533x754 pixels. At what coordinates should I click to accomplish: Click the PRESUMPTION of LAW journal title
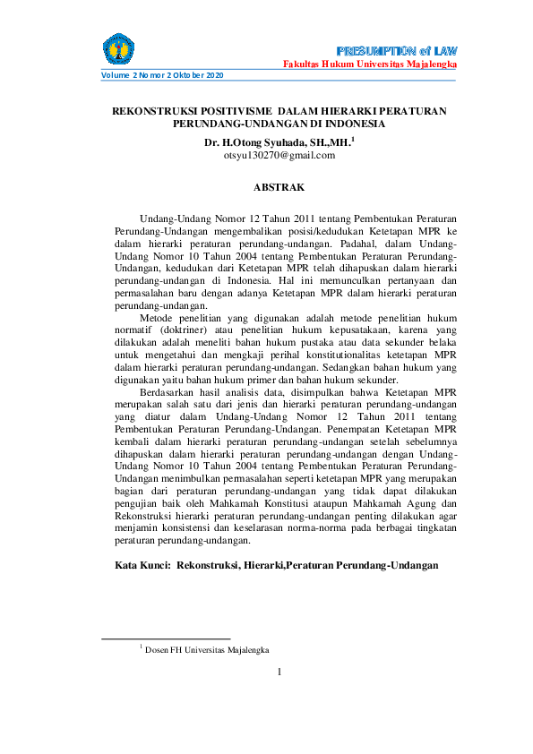[399, 48]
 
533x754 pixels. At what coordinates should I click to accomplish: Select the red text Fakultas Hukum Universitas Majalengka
[371, 66]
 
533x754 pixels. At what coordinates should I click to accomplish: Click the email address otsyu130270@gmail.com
[279, 155]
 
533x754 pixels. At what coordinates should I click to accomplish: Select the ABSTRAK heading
[279, 187]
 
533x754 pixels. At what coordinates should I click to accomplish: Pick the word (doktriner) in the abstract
[185, 330]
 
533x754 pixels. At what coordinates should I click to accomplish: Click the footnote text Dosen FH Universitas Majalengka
[208, 649]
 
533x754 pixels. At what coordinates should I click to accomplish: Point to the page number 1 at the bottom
[279, 672]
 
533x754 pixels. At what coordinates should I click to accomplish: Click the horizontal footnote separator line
[166, 638]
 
